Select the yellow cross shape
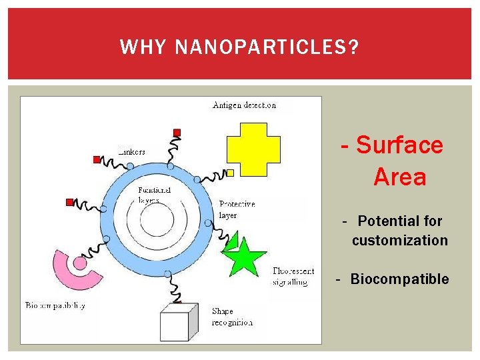point(254,149)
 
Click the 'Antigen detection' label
point(244,105)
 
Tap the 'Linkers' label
point(131,152)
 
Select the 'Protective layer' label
point(237,209)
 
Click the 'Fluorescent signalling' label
point(293,277)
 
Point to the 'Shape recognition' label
point(232,317)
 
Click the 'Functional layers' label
point(154,195)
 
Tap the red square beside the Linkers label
point(97,159)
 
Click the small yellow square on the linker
point(230,173)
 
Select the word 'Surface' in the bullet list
point(399,145)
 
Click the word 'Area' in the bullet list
point(399,177)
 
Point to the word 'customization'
point(400,240)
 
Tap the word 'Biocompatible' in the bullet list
point(400,279)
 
